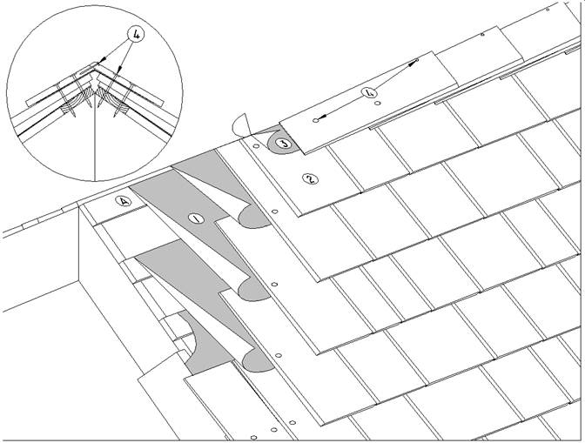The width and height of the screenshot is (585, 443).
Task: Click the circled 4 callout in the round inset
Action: click(x=136, y=34)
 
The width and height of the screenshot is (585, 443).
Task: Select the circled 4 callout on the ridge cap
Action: click(x=370, y=91)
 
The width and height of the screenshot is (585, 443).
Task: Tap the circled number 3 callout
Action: click(x=286, y=144)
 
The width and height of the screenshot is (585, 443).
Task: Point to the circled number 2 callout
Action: click(x=310, y=179)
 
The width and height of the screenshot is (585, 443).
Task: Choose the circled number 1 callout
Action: click(x=196, y=218)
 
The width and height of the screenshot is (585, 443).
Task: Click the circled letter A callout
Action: click(x=124, y=201)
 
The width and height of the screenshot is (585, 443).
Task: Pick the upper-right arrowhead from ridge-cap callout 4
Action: click(x=411, y=64)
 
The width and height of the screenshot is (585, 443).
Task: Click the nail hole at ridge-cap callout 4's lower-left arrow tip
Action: click(x=316, y=120)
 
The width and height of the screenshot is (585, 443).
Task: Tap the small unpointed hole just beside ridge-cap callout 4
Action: click(x=378, y=103)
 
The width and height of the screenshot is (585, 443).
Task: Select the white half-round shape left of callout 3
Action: click(x=241, y=125)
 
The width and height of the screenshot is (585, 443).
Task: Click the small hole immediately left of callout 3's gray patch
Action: click(x=256, y=146)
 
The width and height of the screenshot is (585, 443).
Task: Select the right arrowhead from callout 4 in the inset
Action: click(x=119, y=70)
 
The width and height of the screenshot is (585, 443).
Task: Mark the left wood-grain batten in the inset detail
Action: click(x=77, y=102)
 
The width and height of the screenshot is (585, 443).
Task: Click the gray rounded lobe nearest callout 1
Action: click(x=253, y=217)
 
